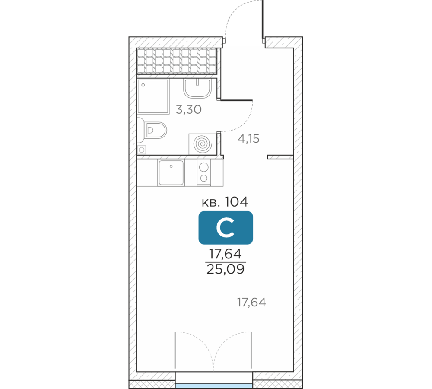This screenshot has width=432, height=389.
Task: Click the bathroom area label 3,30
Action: pos(189,110)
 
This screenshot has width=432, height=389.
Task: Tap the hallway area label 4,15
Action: pos(248,139)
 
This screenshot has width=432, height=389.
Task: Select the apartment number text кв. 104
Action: pos(225,202)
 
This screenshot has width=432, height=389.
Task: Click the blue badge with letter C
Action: pos(226,228)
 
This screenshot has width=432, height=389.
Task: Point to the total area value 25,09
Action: pos(226,269)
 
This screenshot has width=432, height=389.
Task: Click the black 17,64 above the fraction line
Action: pos(226,254)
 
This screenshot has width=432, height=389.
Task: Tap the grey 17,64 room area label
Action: pos(251,303)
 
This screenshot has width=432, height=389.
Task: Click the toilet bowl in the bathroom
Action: pos(156,130)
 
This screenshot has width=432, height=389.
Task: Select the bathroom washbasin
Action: pos(197,88)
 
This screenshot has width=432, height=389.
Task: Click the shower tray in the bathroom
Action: pos(153,96)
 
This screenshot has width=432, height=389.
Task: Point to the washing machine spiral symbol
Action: pos(203,144)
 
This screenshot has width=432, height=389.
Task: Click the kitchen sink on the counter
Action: pos(171,173)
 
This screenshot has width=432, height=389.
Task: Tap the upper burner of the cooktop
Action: pos(204,167)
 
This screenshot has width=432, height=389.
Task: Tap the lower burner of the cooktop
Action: pos(204,178)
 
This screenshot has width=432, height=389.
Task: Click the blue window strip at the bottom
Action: pos(214,386)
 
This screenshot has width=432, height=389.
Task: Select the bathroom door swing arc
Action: pos(244,123)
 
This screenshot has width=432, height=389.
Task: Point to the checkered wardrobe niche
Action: pos(177,61)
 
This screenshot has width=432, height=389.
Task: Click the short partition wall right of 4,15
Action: pos(280,157)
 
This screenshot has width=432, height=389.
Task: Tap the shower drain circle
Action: pos(143,85)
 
